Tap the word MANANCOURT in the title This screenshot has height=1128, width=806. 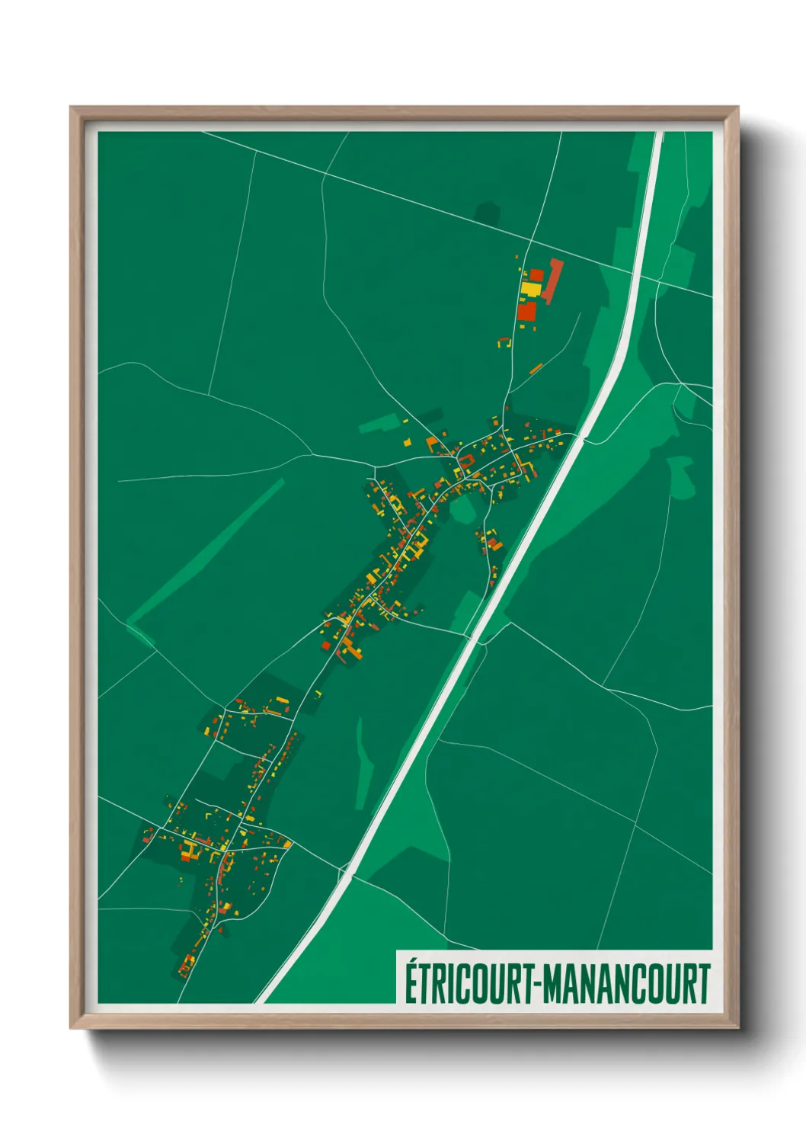pos(628,983)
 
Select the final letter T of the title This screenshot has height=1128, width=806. pos(704,983)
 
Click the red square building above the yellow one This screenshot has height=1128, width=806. pos(536,274)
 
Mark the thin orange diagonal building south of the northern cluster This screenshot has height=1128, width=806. pos(536,369)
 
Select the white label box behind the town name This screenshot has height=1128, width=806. pos(555,977)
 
